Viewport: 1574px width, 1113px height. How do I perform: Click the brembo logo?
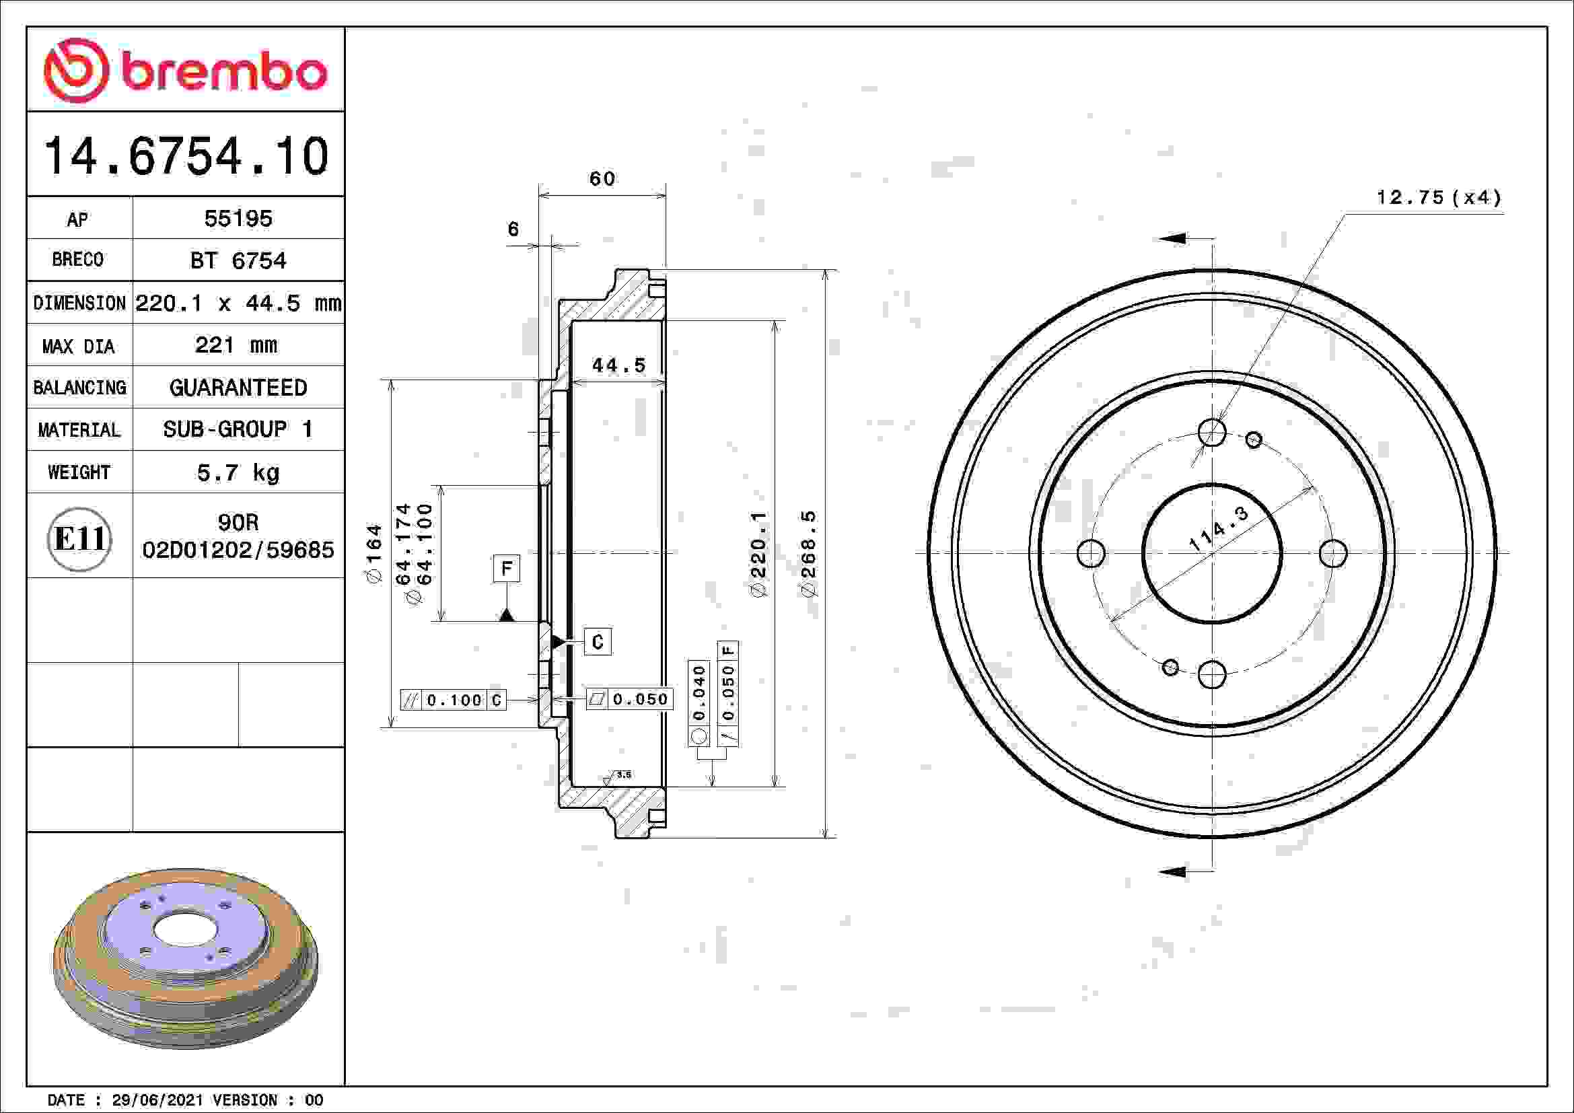tap(185, 71)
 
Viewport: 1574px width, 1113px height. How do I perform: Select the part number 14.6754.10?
tap(186, 156)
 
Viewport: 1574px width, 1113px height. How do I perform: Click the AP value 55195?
tap(238, 219)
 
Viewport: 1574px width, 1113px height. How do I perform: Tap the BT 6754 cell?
tap(238, 261)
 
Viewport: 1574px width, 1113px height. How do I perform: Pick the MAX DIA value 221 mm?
tap(236, 345)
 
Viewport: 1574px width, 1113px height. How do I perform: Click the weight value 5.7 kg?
tap(238, 472)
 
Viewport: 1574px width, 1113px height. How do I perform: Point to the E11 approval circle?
tap(79, 539)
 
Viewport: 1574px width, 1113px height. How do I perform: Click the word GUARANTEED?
tap(238, 388)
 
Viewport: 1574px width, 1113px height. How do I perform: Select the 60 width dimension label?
tap(602, 180)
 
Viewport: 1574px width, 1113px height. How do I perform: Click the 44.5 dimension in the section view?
tap(619, 365)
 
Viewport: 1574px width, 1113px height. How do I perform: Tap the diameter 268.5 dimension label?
tap(809, 553)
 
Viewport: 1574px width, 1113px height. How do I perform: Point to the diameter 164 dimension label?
tap(373, 553)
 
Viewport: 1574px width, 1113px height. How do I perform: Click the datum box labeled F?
tap(506, 568)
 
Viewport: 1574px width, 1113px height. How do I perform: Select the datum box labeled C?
tap(597, 642)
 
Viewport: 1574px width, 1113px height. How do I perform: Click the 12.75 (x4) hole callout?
tap(1438, 198)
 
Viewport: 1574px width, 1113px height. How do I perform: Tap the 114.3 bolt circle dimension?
tap(1218, 530)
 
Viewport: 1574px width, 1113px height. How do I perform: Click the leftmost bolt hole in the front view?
tap(1091, 553)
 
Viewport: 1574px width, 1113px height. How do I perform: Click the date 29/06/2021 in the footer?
tap(157, 1100)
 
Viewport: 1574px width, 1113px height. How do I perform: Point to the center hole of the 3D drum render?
tap(185, 929)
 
